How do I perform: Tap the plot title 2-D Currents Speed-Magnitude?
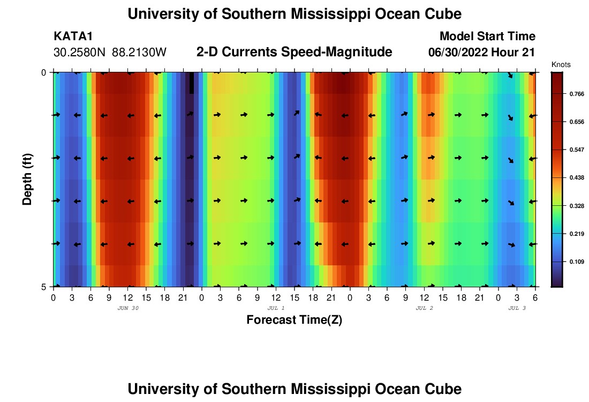pos(294,52)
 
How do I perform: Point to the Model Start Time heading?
pos(487,36)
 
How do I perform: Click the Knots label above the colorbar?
pos(561,64)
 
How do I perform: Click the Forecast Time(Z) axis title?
pos(294,320)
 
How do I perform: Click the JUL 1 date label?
pos(276,308)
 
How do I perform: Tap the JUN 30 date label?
pos(128,308)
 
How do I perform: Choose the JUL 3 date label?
pos(517,308)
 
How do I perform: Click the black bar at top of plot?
pos(192,83)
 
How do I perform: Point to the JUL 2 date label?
pos(425,308)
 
